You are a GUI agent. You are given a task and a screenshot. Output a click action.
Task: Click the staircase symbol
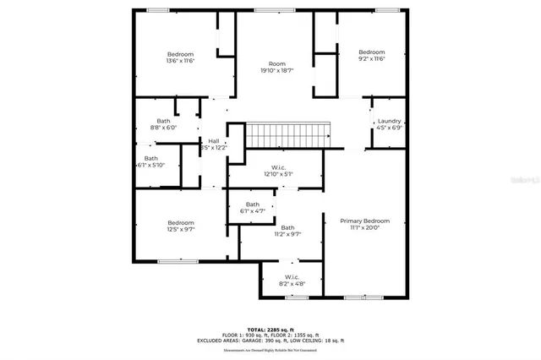coord(287,134)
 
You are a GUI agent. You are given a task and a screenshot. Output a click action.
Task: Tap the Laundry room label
coord(389,121)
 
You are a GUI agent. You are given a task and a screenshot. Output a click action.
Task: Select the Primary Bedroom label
coord(365,221)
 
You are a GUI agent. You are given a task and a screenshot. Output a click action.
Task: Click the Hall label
coord(213,140)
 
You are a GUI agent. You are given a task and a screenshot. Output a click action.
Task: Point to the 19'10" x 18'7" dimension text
coord(276,71)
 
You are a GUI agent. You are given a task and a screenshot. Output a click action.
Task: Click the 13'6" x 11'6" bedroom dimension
coord(180,61)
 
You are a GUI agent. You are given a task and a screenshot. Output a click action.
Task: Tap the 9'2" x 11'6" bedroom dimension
coord(371,59)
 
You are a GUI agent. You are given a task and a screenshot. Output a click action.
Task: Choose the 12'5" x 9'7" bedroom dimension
coord(180,229)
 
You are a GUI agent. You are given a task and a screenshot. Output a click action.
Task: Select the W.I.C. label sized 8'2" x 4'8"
coord(292,277)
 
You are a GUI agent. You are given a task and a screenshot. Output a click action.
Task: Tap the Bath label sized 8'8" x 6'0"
coord(163,121)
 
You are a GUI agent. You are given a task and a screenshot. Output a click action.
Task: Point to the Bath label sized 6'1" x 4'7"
coord(253,205)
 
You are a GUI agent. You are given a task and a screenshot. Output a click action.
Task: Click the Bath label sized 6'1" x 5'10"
coord(150,158)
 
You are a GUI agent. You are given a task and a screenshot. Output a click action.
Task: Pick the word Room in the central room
coord(276,64)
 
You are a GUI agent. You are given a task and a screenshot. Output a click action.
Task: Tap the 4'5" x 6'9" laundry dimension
coord(389,128)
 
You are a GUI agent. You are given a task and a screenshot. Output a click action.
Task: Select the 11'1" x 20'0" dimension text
coord(365,228)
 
